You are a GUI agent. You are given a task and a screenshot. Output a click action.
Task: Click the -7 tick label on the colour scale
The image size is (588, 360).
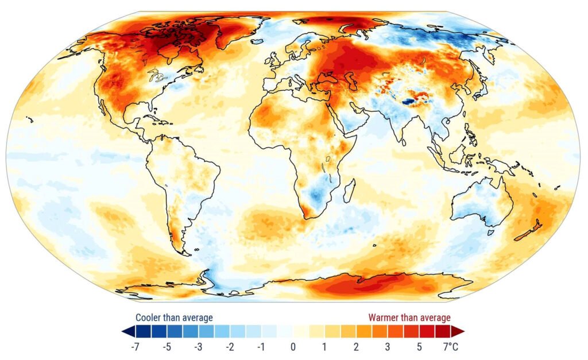coord(136,347)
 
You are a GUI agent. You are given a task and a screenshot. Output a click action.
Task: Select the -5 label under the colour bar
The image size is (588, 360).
coord(167,347)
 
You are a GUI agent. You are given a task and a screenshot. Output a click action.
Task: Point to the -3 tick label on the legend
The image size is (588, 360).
coord(198,347)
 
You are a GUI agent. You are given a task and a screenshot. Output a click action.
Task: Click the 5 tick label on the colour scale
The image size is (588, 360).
coord(420,347)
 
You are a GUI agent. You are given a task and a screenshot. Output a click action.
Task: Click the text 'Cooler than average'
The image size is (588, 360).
coord(174,318)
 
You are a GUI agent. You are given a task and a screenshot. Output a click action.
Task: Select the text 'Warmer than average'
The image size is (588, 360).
coord(409,318)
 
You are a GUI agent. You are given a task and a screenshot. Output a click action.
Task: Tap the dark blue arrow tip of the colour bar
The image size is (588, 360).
coord(125,331)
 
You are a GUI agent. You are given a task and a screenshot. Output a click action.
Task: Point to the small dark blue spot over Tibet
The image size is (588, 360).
coord(409,101)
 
